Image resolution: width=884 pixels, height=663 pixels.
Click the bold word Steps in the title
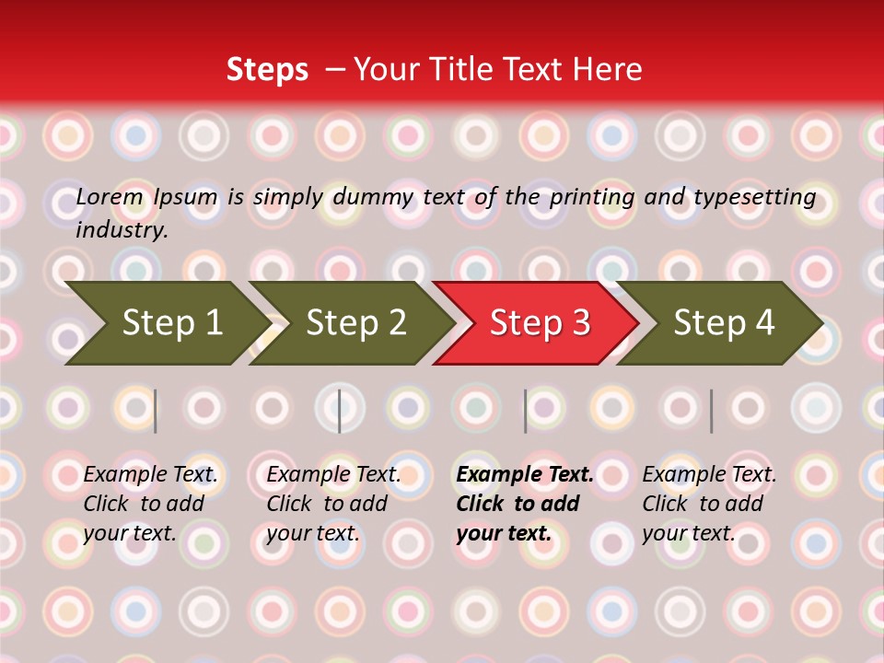tap(267, 70)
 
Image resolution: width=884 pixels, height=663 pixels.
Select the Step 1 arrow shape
tap(168, 323)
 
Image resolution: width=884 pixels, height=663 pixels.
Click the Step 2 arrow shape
tap(352, 323)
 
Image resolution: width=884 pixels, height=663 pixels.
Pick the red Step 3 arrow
tap(536, 323)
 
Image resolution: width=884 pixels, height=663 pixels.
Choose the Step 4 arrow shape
tap(720, 323)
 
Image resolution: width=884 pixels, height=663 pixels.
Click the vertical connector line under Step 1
tap(155, 411)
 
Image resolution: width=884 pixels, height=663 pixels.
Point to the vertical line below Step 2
tap(340, 411)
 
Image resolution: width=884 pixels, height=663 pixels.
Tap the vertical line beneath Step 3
tap(526, 411)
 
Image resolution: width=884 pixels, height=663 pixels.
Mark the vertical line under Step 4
tap(712, 411)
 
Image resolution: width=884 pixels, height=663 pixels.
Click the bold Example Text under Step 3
tap(525, 474)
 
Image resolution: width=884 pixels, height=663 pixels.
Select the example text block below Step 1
tap(150, 504)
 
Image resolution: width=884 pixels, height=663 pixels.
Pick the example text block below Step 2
tap(333, 504)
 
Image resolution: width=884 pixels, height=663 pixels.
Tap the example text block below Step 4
tap(709, 504)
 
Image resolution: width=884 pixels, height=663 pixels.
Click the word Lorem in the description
tap(110, 197)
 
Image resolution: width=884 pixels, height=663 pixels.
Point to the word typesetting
tap(755, 198)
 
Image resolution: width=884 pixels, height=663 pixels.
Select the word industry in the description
tap(122, 230)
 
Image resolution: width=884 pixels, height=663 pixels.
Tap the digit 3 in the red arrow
tap(581, 322)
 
